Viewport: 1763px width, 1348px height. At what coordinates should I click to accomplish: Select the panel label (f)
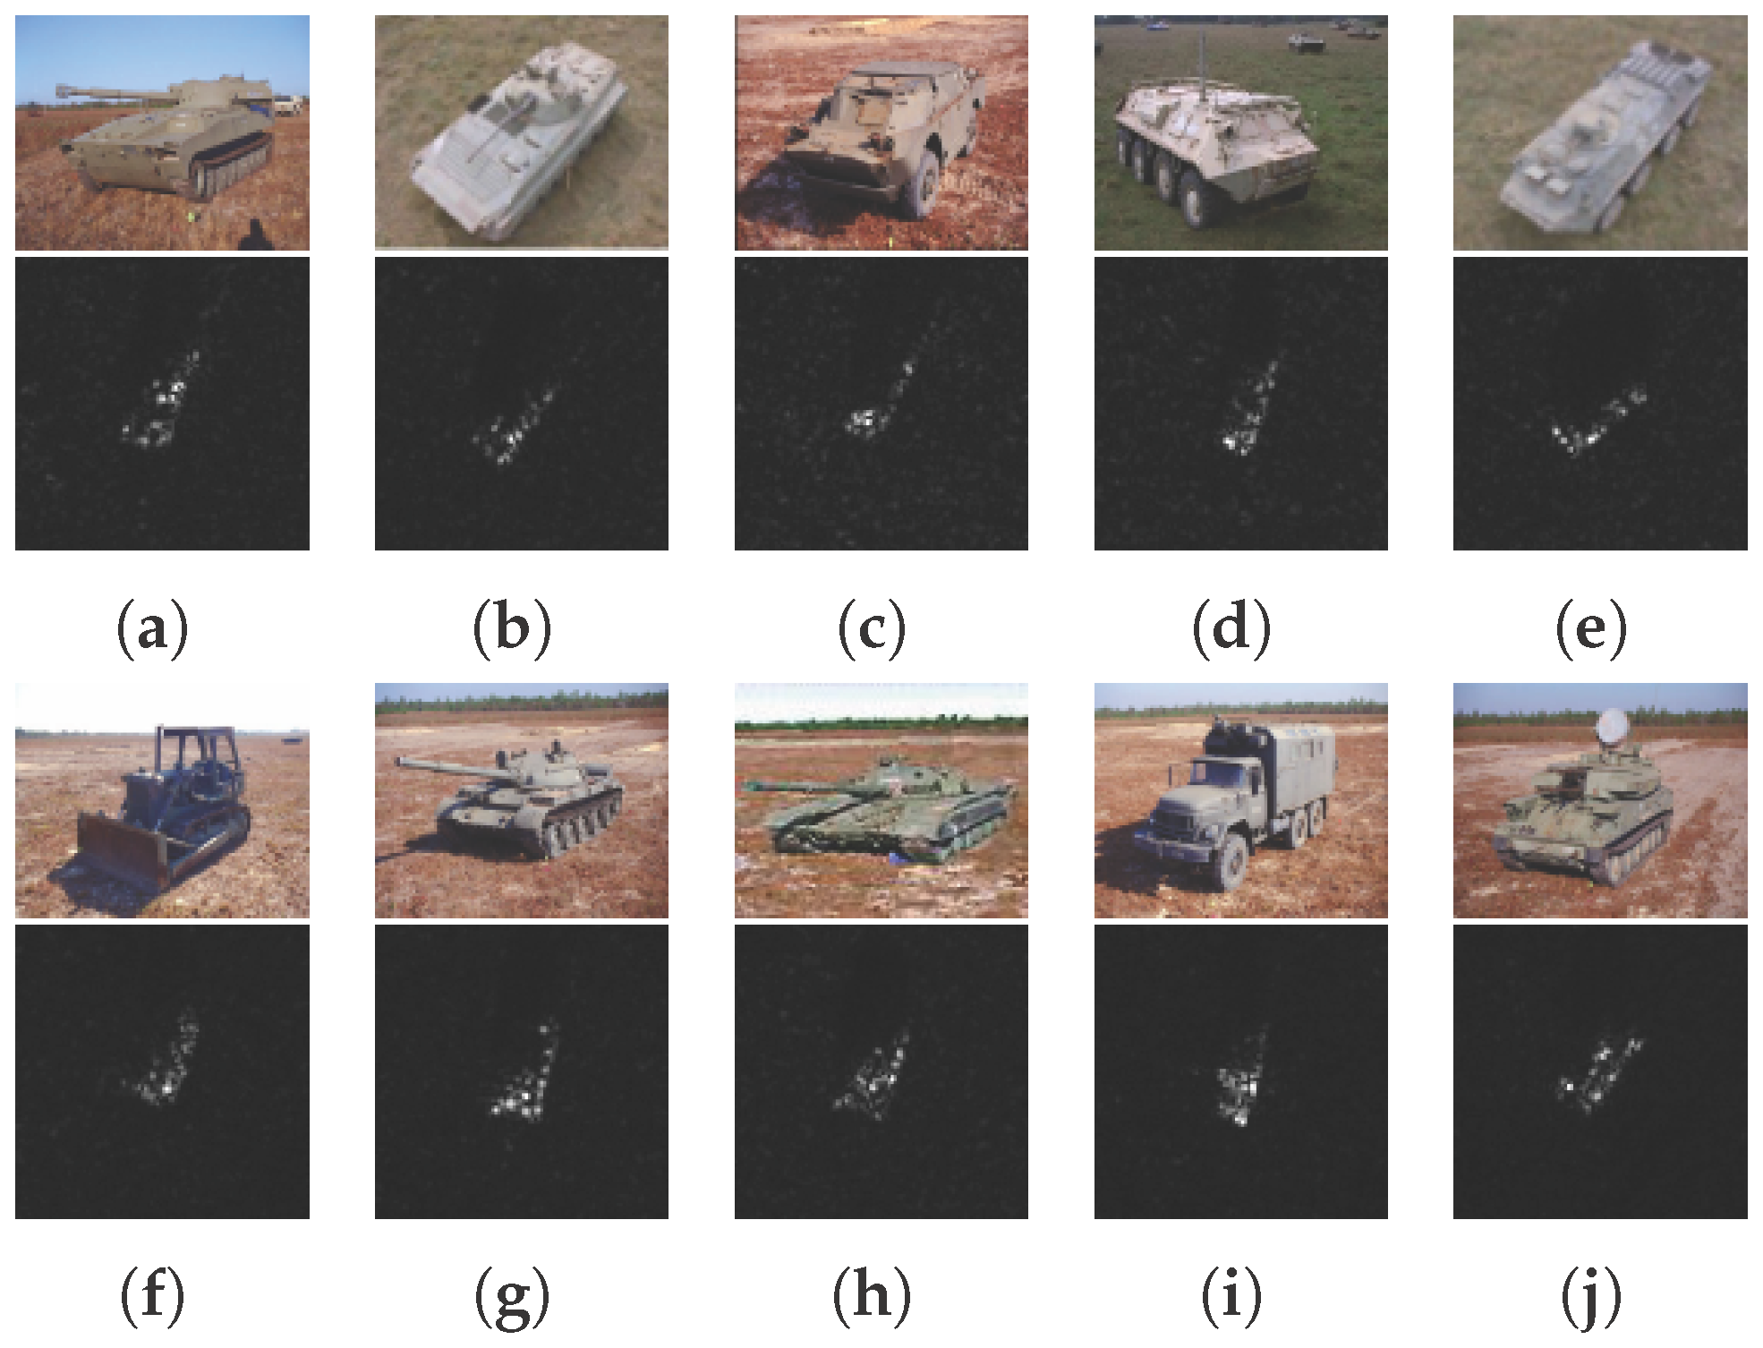pyautogui.click(x=152, y=1296)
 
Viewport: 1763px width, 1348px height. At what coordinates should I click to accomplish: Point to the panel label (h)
pyautogui.click(x=872, y=1296)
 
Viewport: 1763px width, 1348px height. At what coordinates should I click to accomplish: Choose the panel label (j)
pyautogui.click(x=1591, y=1296)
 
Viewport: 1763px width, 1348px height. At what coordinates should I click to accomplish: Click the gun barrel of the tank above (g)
pyautogui.click(x=439, y=766)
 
